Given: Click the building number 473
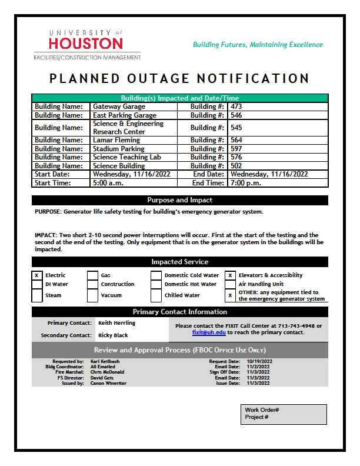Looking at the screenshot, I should pos(236,106).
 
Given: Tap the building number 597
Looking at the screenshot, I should pos(236,149).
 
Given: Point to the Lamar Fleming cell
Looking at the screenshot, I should pos(116,140).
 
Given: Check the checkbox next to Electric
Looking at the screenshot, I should pos(36,275).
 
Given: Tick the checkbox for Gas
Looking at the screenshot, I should pos(92,275).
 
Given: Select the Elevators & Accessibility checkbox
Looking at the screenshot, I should pos(230,275).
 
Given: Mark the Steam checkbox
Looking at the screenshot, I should pos(36,295).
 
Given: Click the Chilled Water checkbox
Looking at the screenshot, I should pos(156,295).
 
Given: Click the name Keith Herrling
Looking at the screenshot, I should pos(116,323).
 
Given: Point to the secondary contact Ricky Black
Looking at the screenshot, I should pos(113,335).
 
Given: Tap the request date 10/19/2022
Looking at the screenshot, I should pos(258,361).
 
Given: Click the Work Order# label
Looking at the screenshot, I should pos(262,410).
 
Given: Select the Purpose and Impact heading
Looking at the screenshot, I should pos(179,200).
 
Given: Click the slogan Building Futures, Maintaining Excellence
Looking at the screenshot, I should pos(258,45).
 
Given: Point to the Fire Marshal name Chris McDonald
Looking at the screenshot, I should pos(107,372).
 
